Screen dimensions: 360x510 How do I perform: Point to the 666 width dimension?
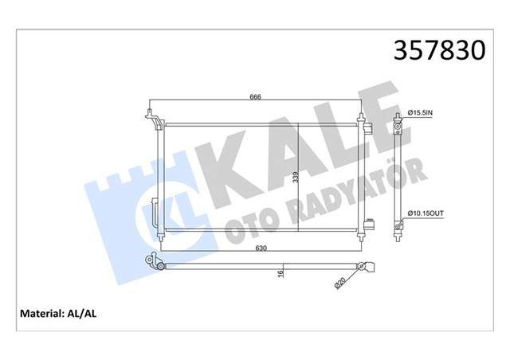[x=256, y=97]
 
